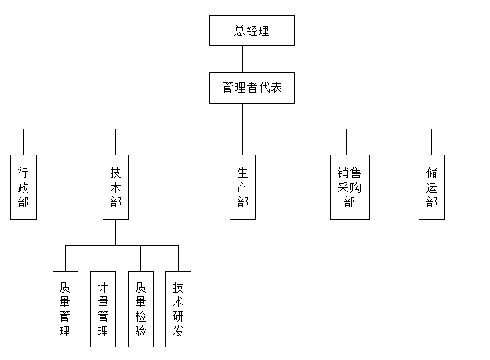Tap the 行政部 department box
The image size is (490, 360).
24,187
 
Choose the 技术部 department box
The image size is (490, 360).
115,187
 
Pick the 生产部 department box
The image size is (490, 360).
242,187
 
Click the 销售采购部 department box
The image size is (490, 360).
347,187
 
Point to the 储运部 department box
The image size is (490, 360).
431,187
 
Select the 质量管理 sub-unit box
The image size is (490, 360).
65,309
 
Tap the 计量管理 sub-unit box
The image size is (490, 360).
103,309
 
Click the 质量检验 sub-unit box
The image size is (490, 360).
140,309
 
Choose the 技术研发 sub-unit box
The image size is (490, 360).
178,309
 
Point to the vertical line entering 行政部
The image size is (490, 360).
24,141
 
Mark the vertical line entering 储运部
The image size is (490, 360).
431,141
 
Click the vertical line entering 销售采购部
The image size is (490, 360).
347,141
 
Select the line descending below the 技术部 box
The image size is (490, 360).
115,232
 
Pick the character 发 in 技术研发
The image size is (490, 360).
178,332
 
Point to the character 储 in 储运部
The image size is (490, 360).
431,173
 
